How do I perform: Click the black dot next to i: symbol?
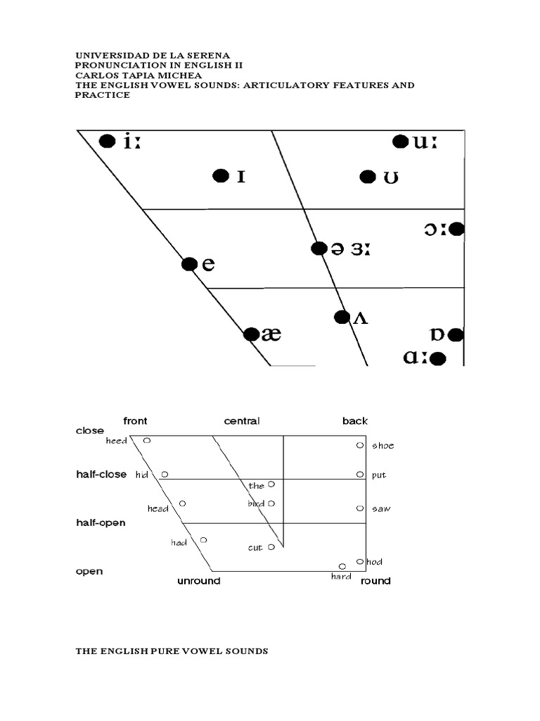[107, 142]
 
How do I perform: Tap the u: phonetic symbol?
[425, 142]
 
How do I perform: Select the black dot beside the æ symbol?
[251, 334]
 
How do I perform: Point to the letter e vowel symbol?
[207, 265]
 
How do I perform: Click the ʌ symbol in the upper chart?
[359, 318]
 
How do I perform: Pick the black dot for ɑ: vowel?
[437, 359]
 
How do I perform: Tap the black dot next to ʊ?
[367, 177]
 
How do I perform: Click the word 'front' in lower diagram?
[135, 421]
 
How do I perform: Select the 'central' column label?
[242, 421]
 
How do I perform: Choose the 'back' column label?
[355, 421]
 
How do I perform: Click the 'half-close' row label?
[101, 475]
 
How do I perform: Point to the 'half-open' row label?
[101, 523]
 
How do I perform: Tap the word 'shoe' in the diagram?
[382, 446]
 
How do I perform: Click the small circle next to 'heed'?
[147, 441]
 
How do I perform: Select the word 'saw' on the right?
[380, 508]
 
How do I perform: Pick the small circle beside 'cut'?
[271, 547]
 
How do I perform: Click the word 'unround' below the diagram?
[198, 581]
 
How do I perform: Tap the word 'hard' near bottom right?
[341, 577]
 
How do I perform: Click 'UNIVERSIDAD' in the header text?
[108, 55]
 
